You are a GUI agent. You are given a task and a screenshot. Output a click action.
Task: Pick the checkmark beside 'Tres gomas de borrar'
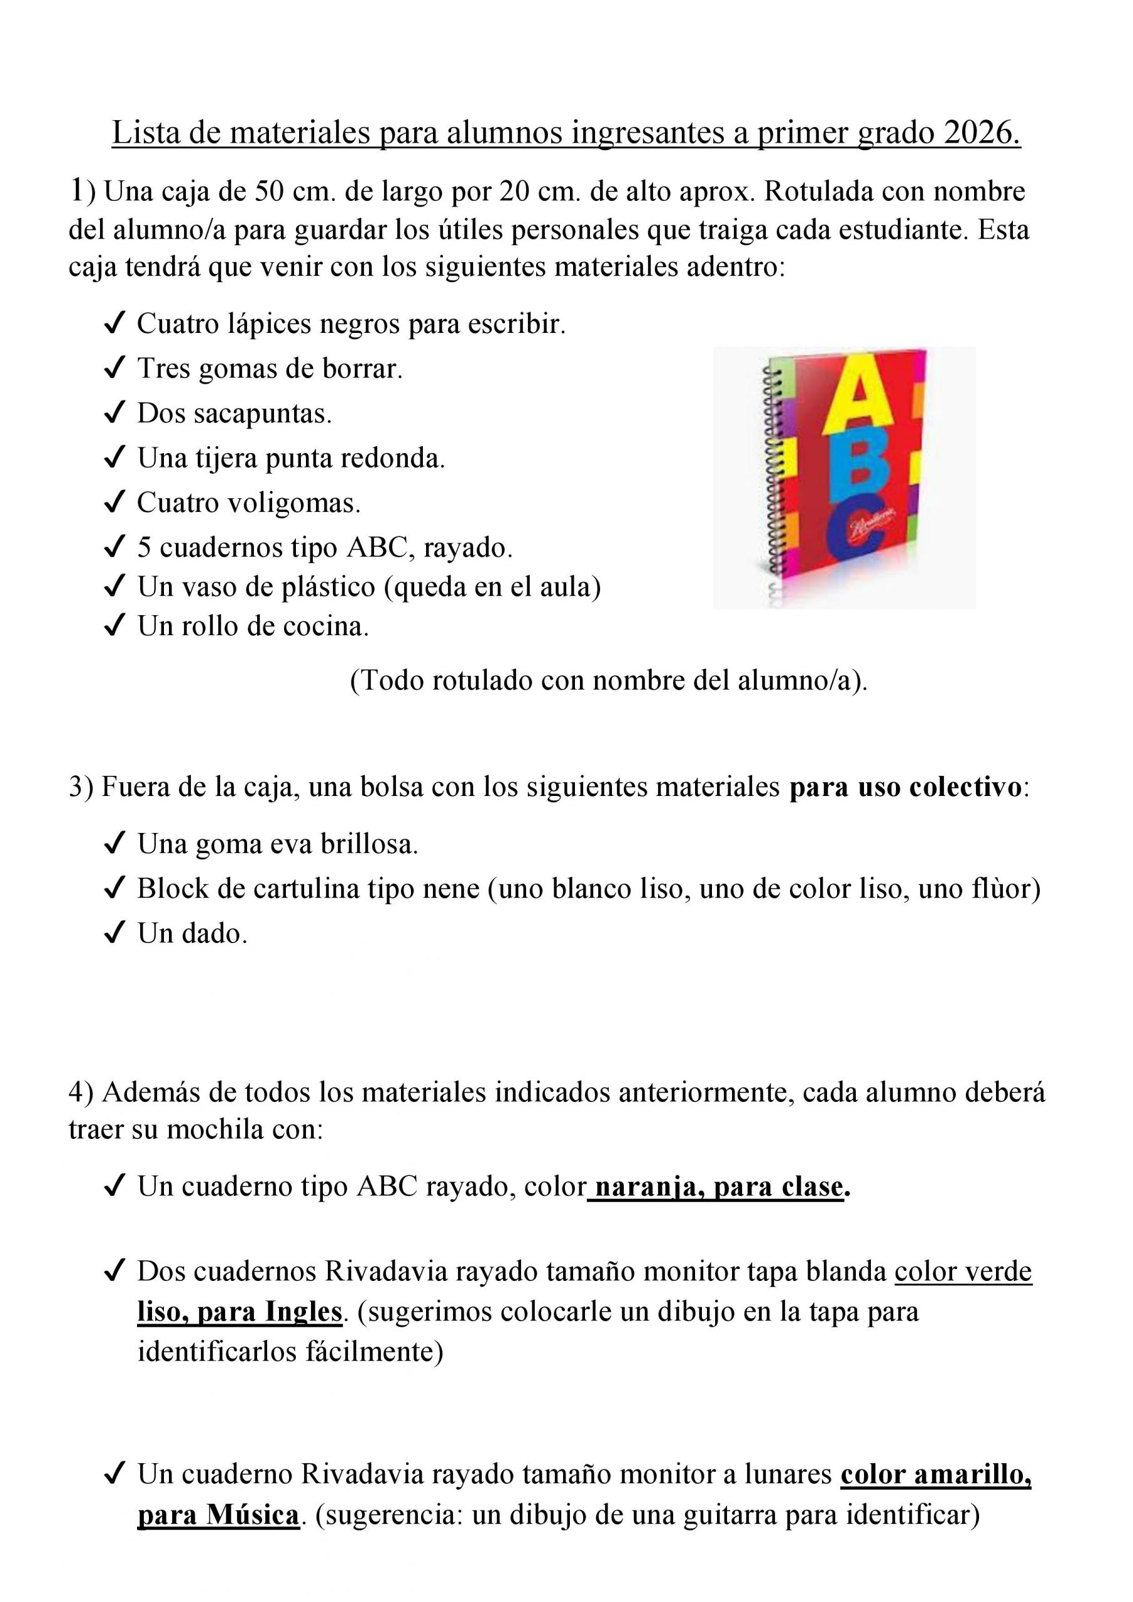click(x=114, y=369)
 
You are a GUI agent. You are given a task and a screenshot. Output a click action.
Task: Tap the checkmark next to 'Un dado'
click(x=114, y=934)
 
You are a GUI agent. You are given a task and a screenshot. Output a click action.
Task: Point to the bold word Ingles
click(x=303, y=1312)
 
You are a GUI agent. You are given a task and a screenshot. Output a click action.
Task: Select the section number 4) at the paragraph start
click(x=80, y=1092)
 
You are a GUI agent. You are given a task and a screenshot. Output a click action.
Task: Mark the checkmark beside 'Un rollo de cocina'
click(x=114, y=626)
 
